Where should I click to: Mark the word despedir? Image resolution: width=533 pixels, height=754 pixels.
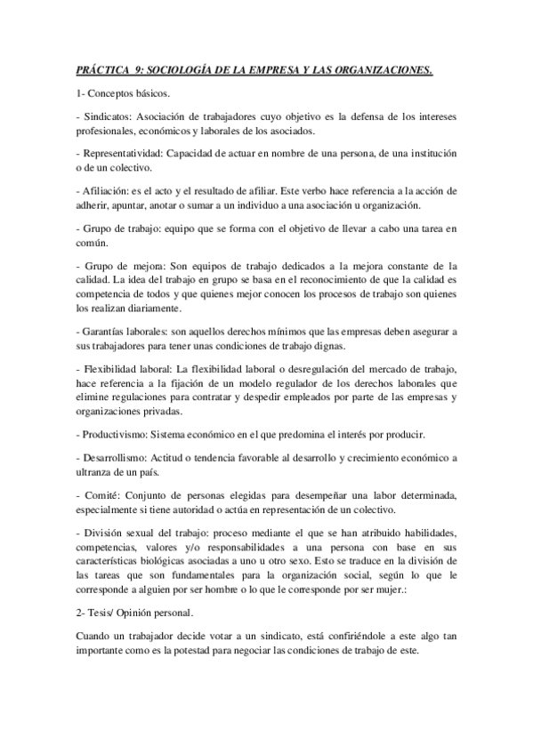[x=269, y=399]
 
